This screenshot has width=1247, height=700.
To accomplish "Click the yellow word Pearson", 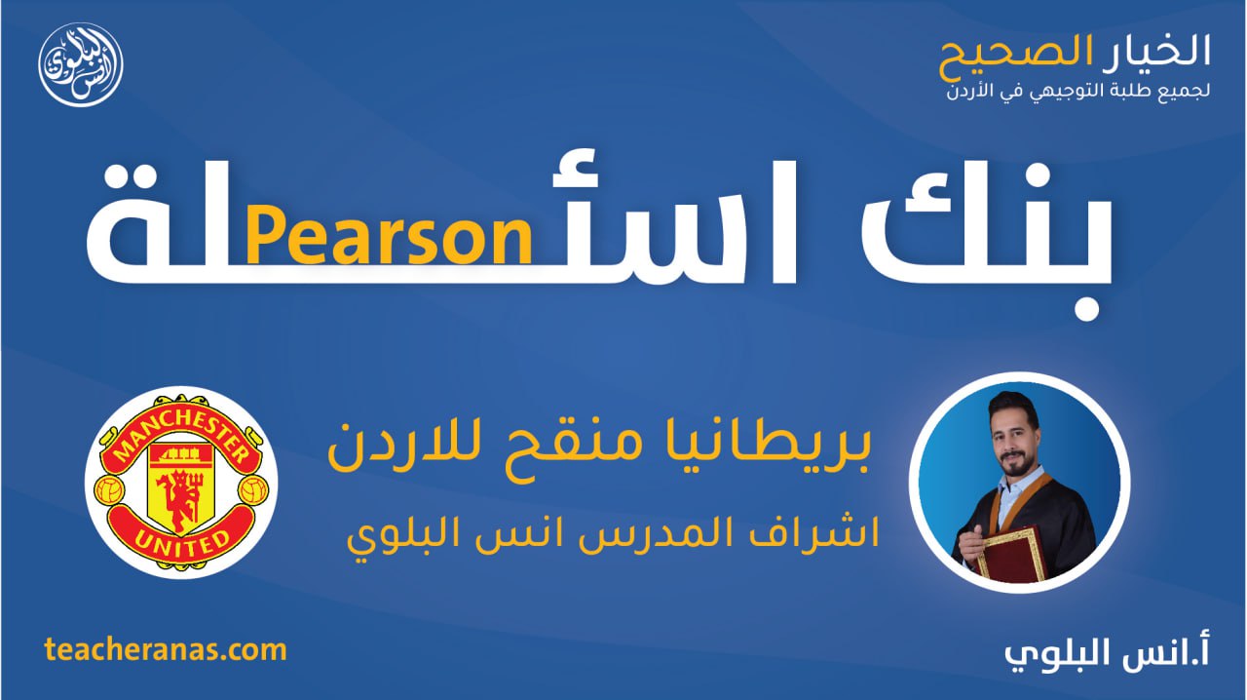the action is click(x=388, y=238).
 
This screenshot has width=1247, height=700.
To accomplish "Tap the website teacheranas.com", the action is click(x=166, y=650).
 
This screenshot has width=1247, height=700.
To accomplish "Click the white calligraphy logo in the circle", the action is click(x=81, y=64).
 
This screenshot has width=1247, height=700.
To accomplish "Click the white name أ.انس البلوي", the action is click(x=1107, y=653).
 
